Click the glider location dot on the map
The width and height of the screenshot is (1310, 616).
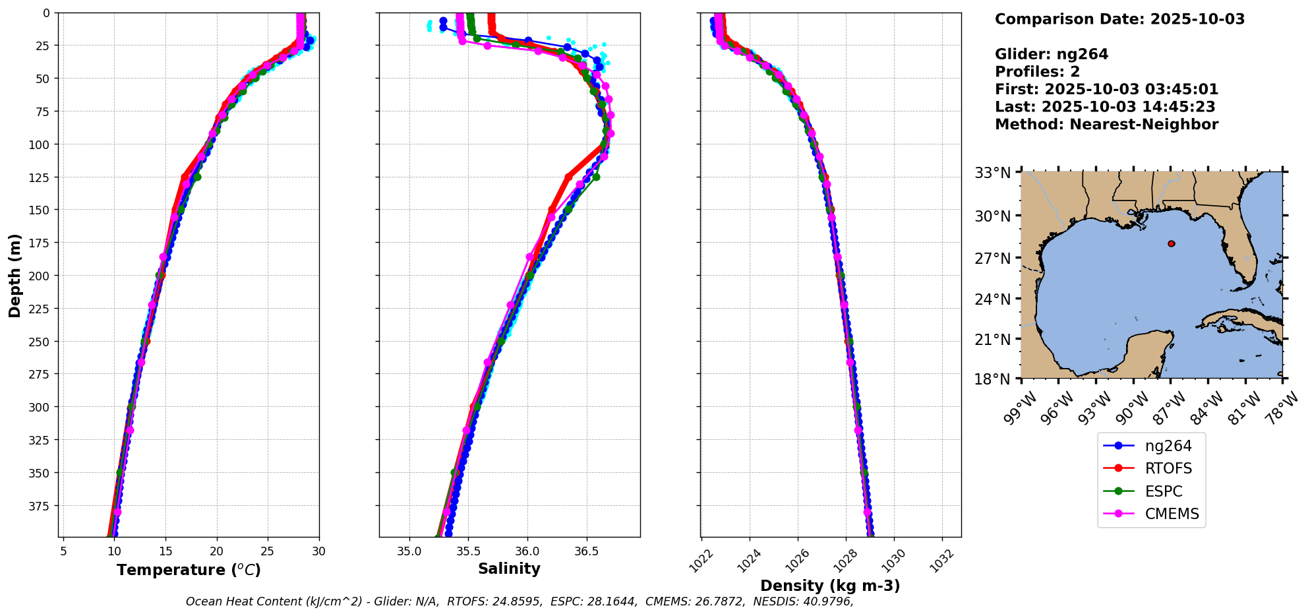click(1171, 243)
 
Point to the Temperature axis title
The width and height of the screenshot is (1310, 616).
click(189, 570)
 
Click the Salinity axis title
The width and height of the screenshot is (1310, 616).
click(509, 569)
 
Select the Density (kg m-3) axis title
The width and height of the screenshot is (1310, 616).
click(830, 586)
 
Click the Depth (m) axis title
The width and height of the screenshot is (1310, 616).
click(15, 275)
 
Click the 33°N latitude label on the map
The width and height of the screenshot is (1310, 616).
click(993, 173)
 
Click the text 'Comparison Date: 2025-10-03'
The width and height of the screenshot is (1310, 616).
click(1119, 19)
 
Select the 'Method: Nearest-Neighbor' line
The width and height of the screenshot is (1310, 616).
click(1106, 125)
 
